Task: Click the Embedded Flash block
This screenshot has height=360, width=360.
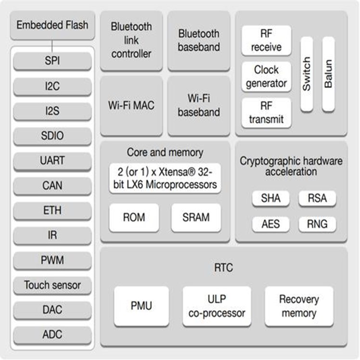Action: coord(52,25)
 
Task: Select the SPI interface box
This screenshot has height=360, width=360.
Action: coord(52,61)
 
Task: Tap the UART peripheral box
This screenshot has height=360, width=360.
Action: coord(52,160)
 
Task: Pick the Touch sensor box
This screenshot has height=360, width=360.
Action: coord(52,285)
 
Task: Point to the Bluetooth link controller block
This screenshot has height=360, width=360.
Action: coord(131,40)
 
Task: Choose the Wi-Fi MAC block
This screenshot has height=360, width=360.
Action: coord(131,105)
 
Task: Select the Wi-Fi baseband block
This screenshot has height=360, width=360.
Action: coord(199,105)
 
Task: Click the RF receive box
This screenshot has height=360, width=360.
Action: coord(266,41)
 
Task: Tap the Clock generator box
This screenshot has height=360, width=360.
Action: coord(266,77)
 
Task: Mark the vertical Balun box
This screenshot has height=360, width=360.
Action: coord(328,74)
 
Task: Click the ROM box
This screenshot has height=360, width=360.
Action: coord(134,218)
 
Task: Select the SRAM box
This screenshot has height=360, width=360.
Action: coord(196,218)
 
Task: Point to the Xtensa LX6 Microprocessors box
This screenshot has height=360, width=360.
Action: coord(165,178)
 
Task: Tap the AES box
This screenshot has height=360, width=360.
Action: coord(271,224)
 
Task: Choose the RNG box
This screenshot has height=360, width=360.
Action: coord(317,224)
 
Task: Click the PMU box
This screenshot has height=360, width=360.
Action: coord(141,306)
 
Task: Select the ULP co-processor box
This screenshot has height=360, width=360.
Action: coord(217,306)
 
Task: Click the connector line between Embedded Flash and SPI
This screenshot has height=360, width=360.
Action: coord(52,46)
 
